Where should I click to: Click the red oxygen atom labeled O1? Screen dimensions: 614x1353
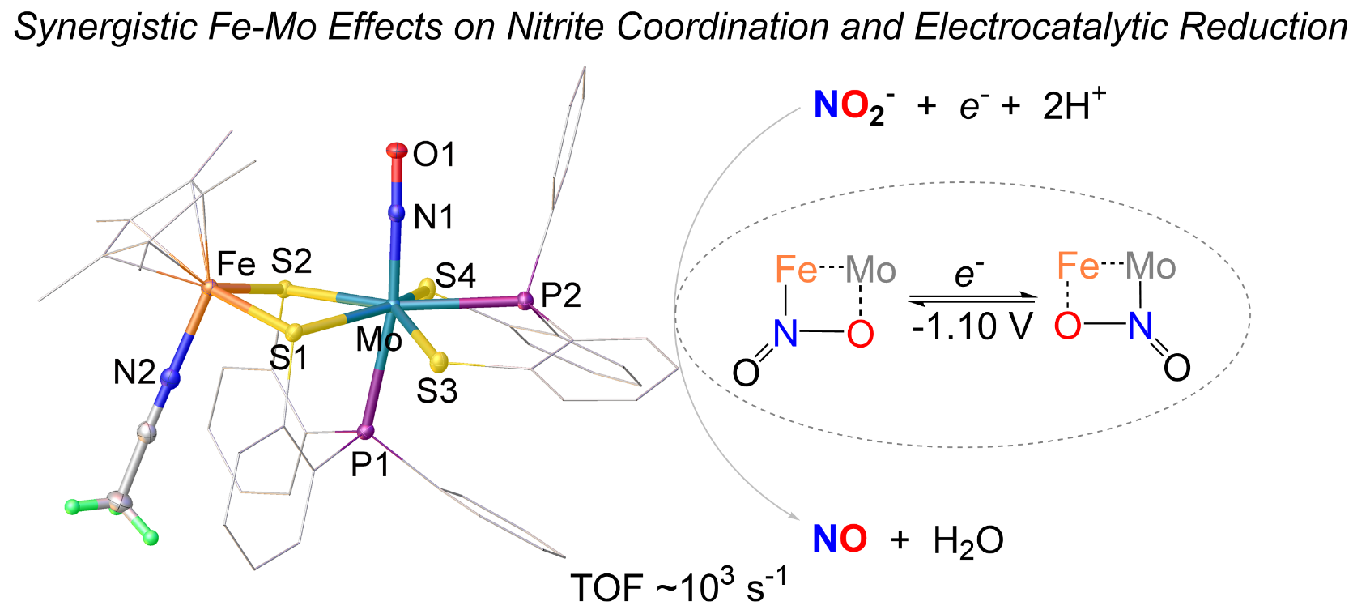[396, 149]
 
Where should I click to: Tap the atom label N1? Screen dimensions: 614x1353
[433, 217]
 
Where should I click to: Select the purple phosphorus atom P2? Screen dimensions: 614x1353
[525, 301]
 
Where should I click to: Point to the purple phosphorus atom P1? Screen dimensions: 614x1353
[366, 431]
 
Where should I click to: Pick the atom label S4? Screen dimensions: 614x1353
[455, 276]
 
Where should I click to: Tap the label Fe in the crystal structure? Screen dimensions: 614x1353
[236, 264]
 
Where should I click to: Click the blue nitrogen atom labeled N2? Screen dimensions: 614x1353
[169, 377]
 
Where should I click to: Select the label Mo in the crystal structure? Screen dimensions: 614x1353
[379, 340]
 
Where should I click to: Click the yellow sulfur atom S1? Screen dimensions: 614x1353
[294, 331]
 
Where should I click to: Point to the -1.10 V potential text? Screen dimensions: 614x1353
[972, 327]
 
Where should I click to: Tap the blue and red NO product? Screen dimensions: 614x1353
[840, 539]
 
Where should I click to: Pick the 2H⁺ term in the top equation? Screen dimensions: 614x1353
[1074, 105]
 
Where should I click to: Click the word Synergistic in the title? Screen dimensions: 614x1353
[103, 28]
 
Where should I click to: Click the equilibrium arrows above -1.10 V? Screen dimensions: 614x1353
[972, 300]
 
